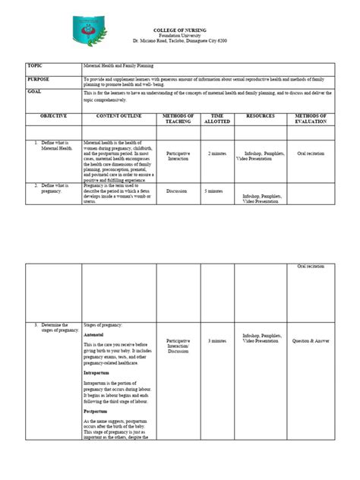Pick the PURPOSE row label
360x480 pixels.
click(x=39, y=78)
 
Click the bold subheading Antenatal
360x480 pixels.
click(x=94, y=334)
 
